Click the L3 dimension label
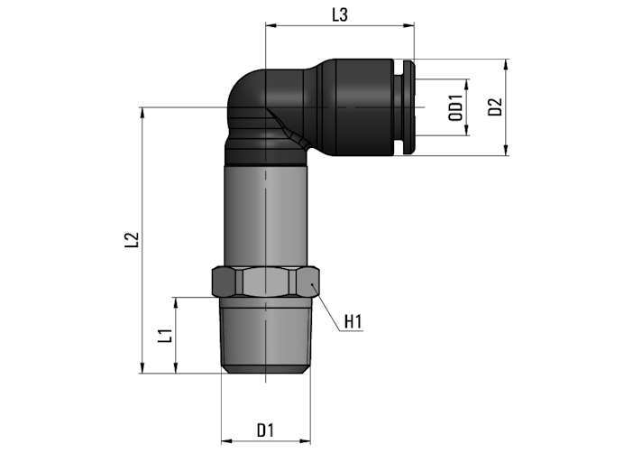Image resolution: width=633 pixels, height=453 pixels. pos(340,15)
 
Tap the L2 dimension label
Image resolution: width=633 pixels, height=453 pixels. pos(132,239)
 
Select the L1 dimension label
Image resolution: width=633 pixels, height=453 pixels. pos(165,336)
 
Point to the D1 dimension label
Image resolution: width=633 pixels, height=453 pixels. pos(265,430)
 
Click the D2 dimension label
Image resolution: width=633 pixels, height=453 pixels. pos(495,107)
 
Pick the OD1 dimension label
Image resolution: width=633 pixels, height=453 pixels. pos(455,107)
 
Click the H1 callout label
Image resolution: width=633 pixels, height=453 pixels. pos(353,322)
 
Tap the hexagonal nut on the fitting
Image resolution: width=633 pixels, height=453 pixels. pos(266,282)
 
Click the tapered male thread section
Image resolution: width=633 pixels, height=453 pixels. pos(266,335)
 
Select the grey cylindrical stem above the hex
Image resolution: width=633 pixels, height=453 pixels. pos(266,217)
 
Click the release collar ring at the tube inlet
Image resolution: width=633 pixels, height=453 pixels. pos(408,107)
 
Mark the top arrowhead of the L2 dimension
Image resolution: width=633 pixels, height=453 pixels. pos(142,112)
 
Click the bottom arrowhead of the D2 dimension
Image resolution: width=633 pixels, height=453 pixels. pos(506,151)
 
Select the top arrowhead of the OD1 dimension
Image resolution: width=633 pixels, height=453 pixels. pos(467,84)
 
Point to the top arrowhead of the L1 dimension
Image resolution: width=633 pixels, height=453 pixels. pos(176,302)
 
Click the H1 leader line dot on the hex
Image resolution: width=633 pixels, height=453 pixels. pos(313,284)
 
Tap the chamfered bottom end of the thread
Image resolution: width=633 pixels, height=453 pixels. pos(266,370)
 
